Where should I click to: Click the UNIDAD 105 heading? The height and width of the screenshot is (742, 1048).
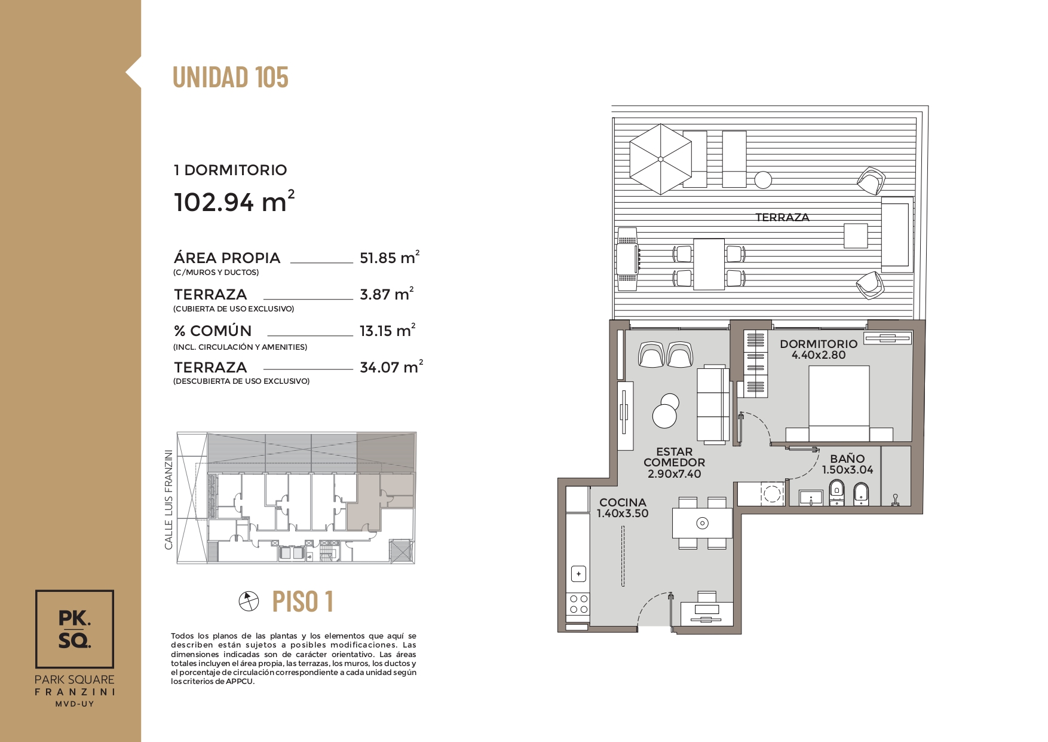[x=231, y=77]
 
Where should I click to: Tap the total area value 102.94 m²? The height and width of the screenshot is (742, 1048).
[x=234, y=201]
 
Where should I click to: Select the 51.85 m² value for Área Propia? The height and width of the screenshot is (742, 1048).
[x=390, y=258]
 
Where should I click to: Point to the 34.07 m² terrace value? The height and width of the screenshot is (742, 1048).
[x=391, y=367]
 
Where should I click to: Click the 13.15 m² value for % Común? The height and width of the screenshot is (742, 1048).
[x=387, y=331]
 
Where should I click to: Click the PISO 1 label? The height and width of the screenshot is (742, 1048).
[x=303, y=601]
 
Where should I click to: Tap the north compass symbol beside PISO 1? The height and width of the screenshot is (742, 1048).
[x=249, y=601]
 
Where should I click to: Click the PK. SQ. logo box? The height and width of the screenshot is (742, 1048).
[x=75, y=629]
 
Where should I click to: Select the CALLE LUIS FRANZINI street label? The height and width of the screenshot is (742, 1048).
[x=168, y=500]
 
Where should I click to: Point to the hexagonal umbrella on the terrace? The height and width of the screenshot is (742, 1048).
[x=661, y=159]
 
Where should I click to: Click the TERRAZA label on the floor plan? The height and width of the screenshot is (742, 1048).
[x=782, y=218]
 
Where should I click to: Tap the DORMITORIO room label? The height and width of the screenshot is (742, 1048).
[x=819, y=344]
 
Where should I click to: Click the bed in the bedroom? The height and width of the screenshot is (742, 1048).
[x=839, y=404]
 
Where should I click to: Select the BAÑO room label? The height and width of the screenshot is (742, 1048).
[x=847, y=459]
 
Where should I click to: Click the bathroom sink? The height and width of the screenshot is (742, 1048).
[x=811, y=497]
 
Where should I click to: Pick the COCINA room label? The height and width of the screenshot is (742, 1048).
[x=623, y=502]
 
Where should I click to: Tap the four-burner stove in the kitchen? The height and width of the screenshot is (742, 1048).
[x=578, y=604]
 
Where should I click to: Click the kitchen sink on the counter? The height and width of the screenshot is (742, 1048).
[x=578, y=574]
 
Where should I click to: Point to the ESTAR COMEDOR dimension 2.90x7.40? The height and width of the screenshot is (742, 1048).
[x=675, y=474]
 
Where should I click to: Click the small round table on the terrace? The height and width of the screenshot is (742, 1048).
[x=763, y=179]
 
